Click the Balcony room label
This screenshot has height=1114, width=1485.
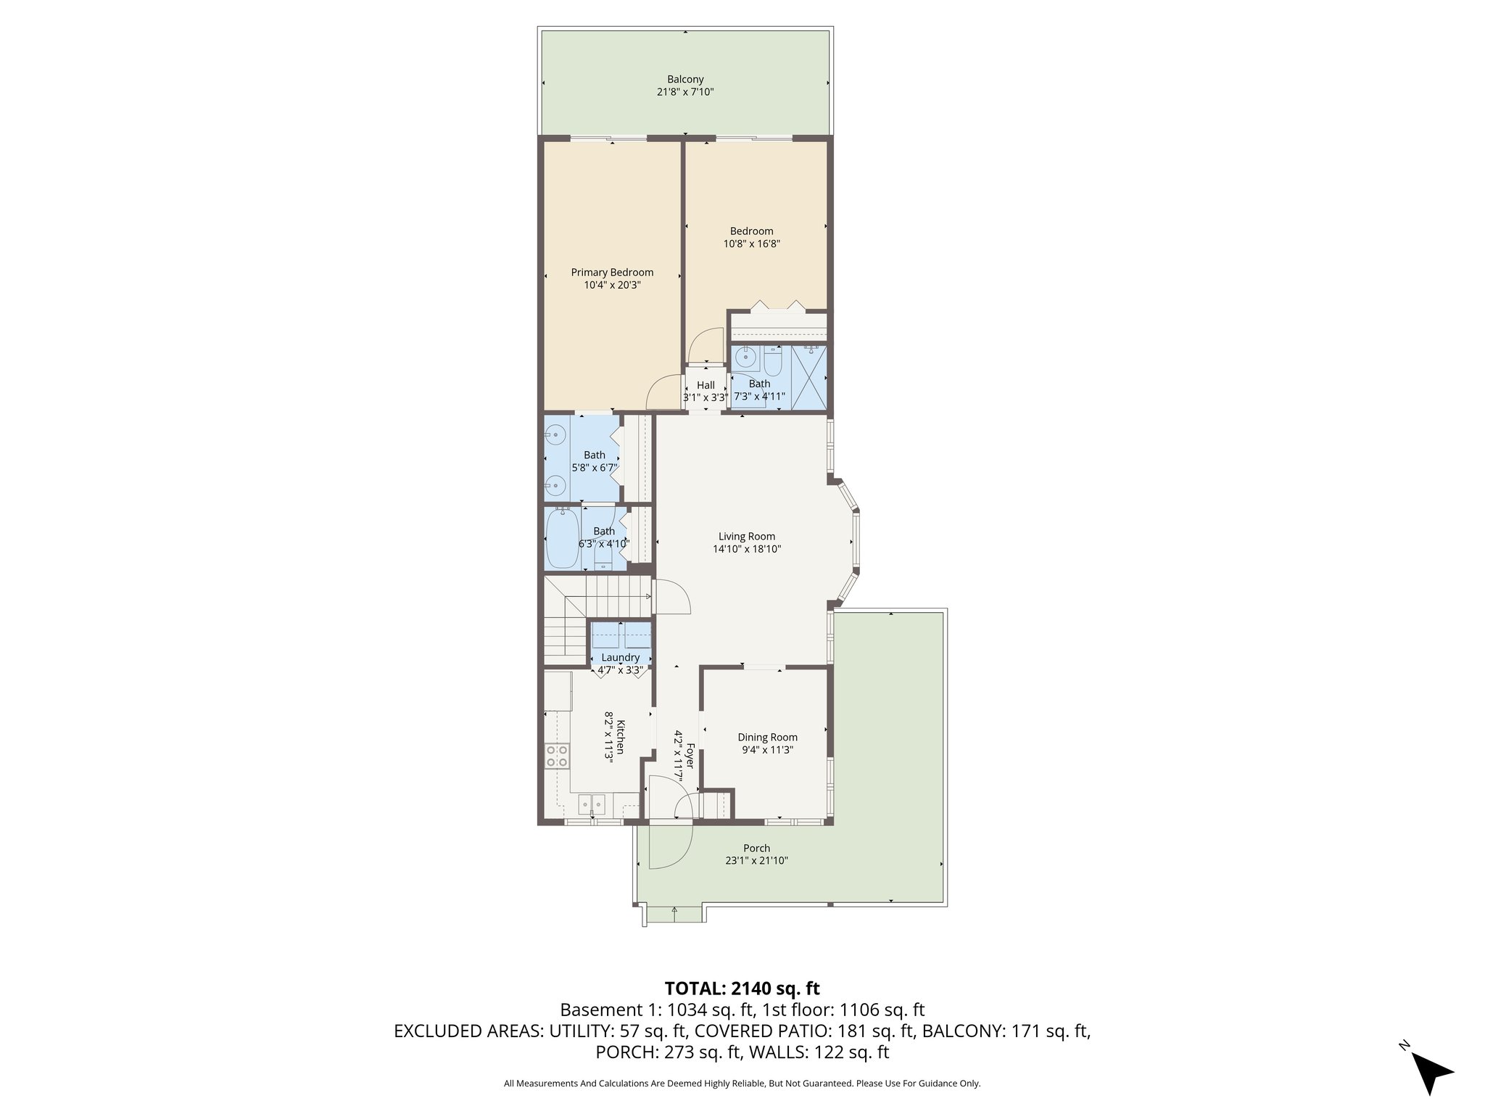point(685,79)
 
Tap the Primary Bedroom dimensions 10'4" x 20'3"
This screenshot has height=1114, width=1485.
point(612,286)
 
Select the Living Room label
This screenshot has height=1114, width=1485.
point(746,537)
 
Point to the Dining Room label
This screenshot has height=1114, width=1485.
point(767,738)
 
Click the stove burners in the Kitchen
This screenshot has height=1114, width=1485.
point(557,756)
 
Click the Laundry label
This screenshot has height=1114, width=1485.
point(620,658)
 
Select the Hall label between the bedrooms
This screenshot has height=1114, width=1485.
point(706,385)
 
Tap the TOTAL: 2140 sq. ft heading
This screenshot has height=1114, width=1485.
point(742,988)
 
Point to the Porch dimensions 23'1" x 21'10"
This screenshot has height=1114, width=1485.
point(756,861)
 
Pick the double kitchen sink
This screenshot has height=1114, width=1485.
point(592,804)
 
